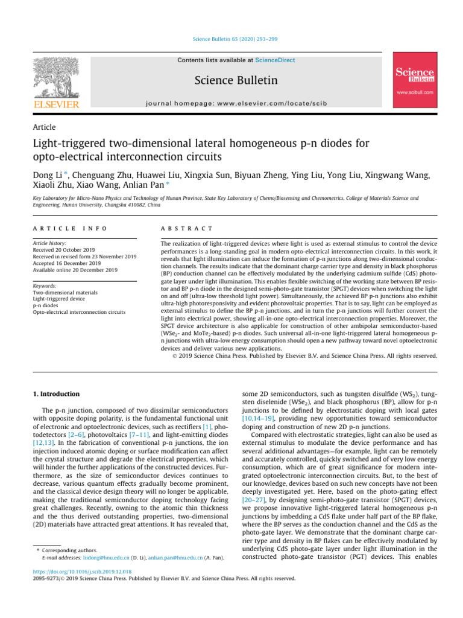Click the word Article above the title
(x=45, y=127)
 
